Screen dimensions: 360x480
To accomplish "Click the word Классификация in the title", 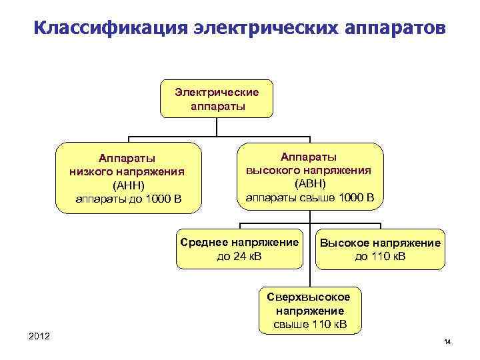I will click(x=109, y=29).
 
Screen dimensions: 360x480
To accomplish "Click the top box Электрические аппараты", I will click(x=217, y=99).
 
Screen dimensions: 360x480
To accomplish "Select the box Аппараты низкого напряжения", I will click(x=127, y=177).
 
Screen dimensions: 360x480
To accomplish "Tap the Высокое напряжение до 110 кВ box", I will click(x=380, y=249).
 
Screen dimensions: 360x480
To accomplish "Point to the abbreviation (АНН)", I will click(x=127, y=185).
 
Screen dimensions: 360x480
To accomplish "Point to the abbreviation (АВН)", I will click(x=309, y=183).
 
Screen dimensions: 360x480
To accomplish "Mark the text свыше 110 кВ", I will click(x=311, y=324).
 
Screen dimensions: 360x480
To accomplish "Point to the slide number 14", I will click(x=447, y=342).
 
